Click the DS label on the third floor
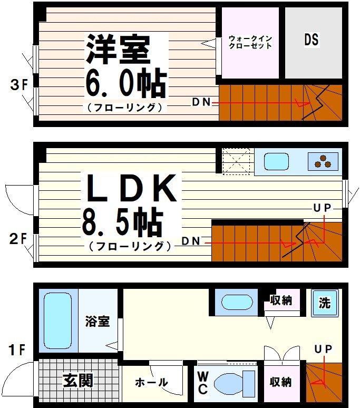tap(312, 40)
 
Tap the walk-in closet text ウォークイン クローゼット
tap(250, 42)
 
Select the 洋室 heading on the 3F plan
tap(118, 48)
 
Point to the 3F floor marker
tap(18, 85)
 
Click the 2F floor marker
tap(18, 239)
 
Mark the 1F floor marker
tap(18, 349)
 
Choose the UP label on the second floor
tap(323, 208)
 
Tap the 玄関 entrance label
tap(78, 380)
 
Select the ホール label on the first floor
tap(151, 382)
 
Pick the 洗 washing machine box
tap(324, 303)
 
